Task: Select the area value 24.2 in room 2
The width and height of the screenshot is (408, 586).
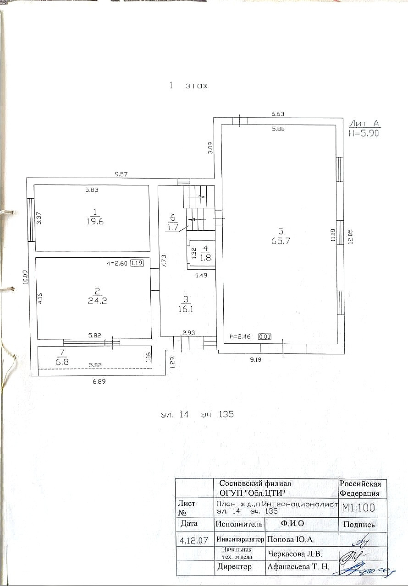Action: pos(97,301)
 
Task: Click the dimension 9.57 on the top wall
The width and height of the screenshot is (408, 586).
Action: pos(121,174)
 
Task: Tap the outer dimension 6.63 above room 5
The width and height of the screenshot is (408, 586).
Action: pos(278,114)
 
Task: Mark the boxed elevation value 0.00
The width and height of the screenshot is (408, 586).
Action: pos(265,336)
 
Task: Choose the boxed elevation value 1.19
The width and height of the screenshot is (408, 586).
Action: pos(137,263)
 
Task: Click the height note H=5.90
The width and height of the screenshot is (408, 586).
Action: pos(364,134)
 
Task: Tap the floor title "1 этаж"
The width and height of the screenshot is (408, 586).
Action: pos(188,86)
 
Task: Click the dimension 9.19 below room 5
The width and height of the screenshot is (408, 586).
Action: pos(256,360)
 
